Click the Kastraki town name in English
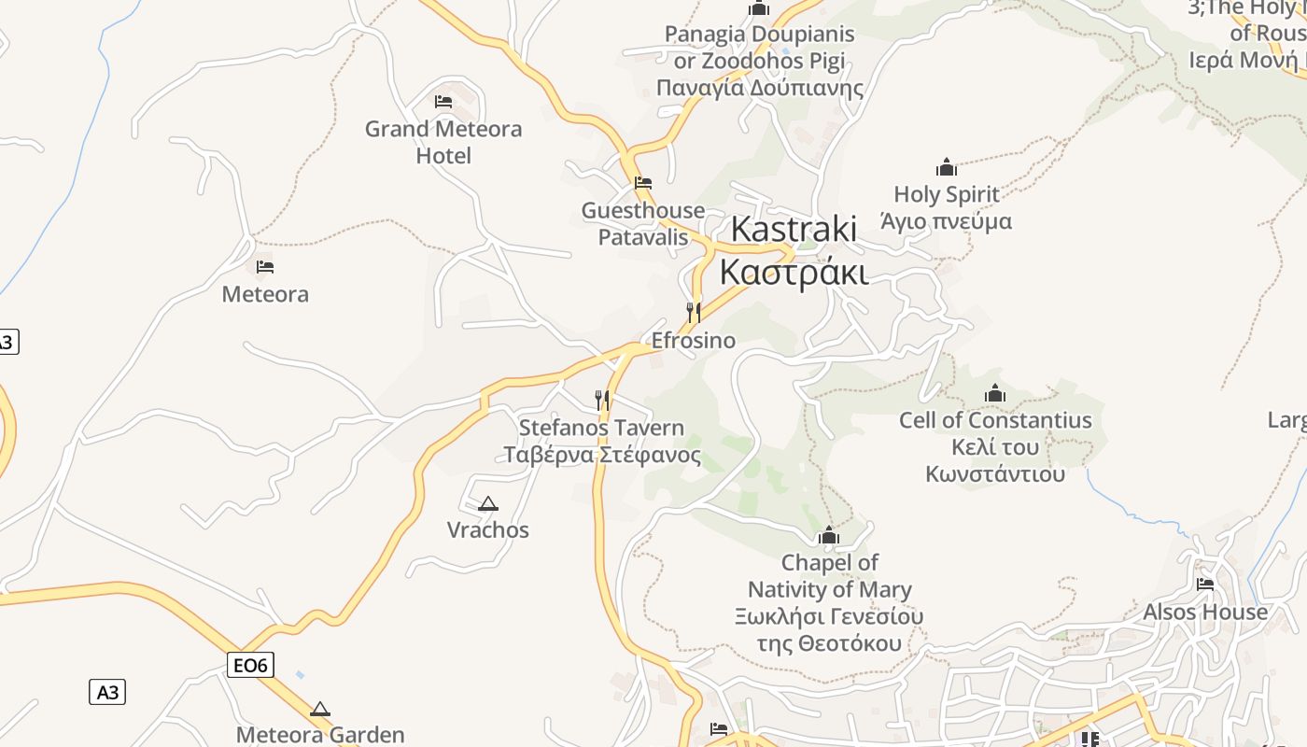793,229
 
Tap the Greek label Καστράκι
793,273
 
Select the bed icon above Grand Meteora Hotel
443,101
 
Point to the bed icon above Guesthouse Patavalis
642,183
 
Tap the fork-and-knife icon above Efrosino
693,312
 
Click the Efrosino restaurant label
693,341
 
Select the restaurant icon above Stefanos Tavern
602,401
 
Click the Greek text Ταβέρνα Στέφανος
602,456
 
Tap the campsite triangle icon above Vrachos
487,504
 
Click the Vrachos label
487,530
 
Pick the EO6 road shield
251,665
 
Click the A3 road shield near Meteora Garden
107,692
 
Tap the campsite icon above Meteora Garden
320,709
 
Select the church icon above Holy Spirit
947,167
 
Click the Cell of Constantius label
995,420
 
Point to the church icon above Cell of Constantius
995,393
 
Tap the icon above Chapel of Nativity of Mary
828,536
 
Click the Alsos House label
1205,613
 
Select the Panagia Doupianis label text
759,35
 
